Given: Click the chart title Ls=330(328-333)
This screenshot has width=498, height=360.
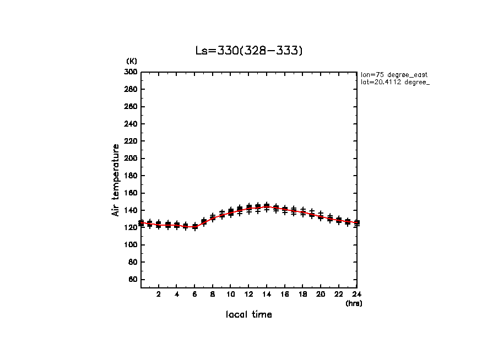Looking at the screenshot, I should (x=249, y=51).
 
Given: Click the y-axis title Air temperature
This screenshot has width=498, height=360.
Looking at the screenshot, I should (x=116, y=180).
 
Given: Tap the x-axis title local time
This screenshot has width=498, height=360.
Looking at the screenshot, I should (x=249, y=315).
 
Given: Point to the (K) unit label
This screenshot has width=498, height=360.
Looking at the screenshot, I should (x=132, y=61).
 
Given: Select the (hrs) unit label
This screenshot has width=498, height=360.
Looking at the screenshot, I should (x=354, y=303).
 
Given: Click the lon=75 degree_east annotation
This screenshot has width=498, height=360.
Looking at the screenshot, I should (x=394, y=74).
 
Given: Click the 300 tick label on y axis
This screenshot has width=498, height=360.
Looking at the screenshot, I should (x=131, y=72).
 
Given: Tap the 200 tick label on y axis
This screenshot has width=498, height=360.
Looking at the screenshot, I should (x=131, y=159).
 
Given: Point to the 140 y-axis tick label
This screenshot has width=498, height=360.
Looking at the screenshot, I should (x=131, y=210).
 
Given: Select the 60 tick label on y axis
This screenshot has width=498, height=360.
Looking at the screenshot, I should (x=133, y=280).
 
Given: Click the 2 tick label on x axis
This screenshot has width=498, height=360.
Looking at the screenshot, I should (x=159, y=294).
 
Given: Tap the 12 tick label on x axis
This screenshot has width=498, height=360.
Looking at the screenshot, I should (x=248, y=294).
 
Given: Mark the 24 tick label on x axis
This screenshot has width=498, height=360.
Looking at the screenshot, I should (x=356, y=294).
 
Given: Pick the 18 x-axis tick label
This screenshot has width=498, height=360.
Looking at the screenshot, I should (x=302, y=294).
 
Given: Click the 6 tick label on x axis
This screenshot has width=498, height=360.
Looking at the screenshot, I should (x=194, y=294).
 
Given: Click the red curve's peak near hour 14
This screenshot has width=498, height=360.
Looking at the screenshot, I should (x=267, y=207).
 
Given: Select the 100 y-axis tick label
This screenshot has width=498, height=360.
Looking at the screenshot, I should (x=131, y=245).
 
